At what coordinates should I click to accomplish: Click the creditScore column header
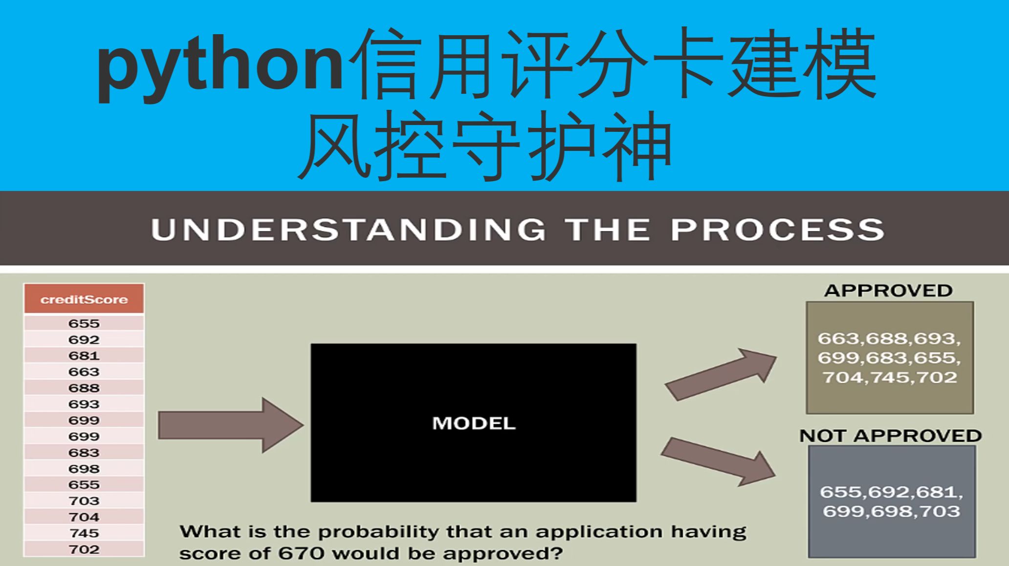tap(84, 299)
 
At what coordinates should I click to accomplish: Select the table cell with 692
tap(84, 339)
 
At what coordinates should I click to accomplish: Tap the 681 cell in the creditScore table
tap(84, 356)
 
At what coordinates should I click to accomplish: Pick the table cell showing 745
tap(84, 533)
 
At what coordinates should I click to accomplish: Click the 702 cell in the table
tap(84, 549)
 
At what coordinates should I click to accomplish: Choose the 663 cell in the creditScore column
tap(84, 372)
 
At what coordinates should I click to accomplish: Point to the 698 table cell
tap(84, 468)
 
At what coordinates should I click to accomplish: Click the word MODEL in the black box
tap(474, 423)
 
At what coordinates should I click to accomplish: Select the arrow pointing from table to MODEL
tap(230, 425)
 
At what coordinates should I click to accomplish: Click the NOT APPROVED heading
tap(890, 435)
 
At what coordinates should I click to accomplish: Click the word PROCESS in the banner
tap(777, 230)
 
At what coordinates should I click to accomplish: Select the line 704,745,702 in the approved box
tap(890, 377)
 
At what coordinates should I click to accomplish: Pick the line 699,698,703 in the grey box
tap(891, 511)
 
